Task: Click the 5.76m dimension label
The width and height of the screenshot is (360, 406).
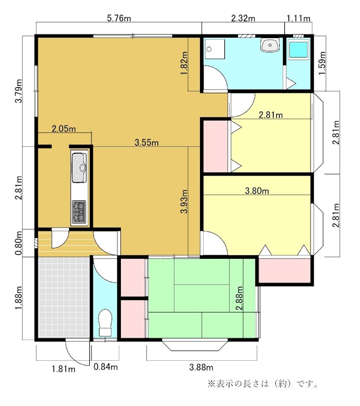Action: click(119, 18)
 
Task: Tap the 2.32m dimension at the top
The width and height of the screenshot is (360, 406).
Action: click(243, 18)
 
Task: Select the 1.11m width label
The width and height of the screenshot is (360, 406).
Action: click(299, 18)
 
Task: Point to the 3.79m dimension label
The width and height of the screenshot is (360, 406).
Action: click(19, 91)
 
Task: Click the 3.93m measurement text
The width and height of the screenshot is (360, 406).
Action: click(184, 201)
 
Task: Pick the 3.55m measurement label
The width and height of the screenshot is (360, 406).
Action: click(147, 143)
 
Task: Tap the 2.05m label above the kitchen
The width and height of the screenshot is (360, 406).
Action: click(63, 129)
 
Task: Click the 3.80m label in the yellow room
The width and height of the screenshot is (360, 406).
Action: click(257, 191)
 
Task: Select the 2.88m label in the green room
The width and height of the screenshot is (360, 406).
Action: click(239, 298)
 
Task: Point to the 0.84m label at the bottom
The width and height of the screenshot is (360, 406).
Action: click(106, 367)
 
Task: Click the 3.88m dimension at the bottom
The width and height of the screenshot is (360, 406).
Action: click(201, 367)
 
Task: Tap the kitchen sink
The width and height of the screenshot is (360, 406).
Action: click(79, 167)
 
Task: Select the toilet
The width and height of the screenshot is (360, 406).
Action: click(105, 322)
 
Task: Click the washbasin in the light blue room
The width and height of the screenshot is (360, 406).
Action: click(270, 45)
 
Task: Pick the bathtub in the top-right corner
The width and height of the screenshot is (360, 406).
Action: click(299, 50)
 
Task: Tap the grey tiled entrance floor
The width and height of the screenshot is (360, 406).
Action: click(63, 297)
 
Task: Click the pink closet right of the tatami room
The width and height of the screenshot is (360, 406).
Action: click(284, 270)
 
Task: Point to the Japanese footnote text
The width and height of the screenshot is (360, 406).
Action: click(264, 384)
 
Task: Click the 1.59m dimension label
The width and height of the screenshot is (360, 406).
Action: click(322, 63)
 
